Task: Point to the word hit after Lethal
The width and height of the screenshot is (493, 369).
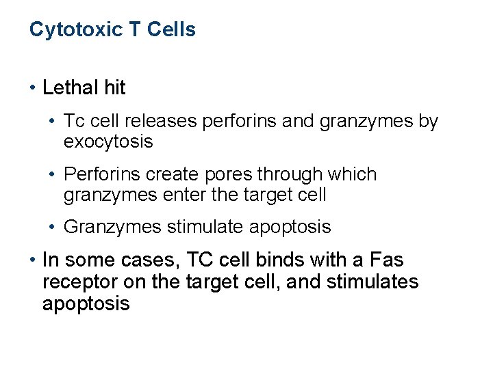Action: click(x=114, y=87)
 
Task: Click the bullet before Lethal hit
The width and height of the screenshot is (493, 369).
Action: click(x=33, y=88)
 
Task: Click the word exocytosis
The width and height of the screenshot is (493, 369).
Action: click(x=108, y=141)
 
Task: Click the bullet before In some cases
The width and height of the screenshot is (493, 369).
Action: click(x=33, y=261)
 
